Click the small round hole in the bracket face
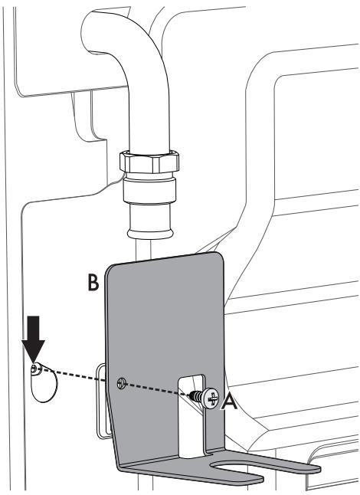pos(120,381)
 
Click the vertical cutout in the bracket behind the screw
pos(193,429)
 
